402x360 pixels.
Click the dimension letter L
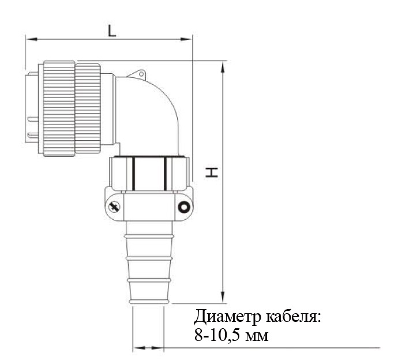112,31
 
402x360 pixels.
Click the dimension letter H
212,172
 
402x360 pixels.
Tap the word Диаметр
228,317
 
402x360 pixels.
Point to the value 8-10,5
217,335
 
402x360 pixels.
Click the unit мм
257,336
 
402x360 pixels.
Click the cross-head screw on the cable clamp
114,207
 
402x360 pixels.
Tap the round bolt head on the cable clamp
184,207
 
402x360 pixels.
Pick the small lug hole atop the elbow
141,74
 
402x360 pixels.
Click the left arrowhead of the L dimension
32,39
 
